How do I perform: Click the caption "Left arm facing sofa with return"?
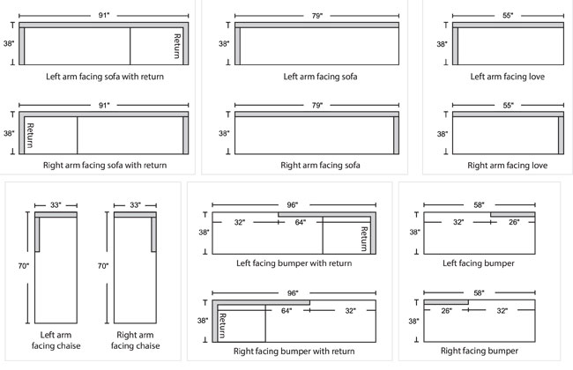point(105,77)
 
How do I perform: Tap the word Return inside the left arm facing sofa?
point(177,46)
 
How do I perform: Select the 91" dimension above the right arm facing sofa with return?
point(104,105)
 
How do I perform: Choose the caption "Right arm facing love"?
point(506,165)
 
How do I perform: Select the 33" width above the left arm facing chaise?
point(56,205)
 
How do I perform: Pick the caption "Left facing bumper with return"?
point(294,263)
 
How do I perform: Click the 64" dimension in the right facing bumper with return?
point(286,310)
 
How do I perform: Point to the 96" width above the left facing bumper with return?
point(294,204)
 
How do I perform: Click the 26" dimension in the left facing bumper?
point(514,223)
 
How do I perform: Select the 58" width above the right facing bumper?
point(480,292)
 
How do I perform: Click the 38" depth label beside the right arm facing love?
point(442,133)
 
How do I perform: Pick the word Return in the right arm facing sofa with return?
point(30,134)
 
